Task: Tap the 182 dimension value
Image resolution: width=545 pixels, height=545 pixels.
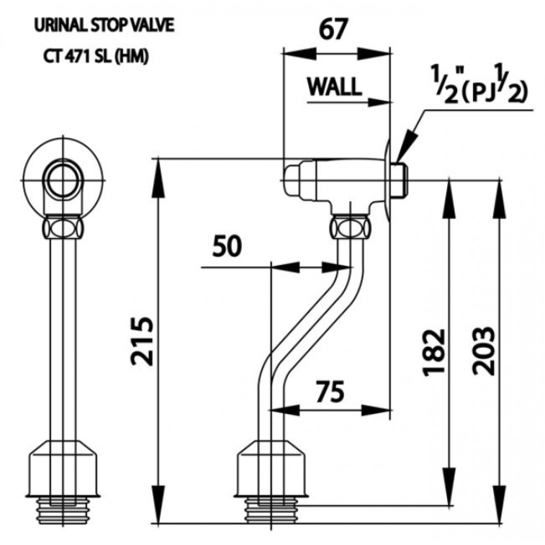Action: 432,352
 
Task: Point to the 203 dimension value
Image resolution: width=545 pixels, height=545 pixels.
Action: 483,351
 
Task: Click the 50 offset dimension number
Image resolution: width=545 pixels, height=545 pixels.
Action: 226,246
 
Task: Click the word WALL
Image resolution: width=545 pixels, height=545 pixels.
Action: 334,87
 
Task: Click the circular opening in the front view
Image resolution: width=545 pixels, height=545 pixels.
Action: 63,180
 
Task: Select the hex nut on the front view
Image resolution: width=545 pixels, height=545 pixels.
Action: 63,227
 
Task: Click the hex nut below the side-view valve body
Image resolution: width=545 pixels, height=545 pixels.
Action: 350,227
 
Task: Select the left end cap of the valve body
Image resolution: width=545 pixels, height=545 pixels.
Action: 292,180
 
